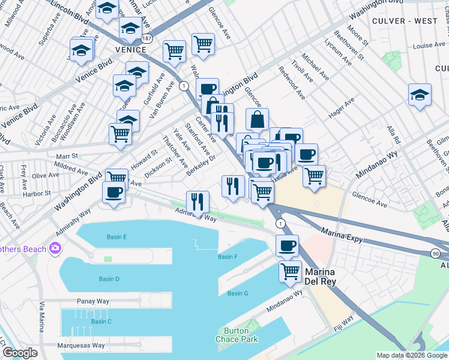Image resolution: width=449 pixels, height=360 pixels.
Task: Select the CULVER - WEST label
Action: coord(414,21)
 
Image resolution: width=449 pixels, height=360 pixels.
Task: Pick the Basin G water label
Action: coord(238,293)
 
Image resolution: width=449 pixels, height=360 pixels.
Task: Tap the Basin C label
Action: coord(101,322)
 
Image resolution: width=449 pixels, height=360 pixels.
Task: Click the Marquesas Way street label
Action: coord(81,346)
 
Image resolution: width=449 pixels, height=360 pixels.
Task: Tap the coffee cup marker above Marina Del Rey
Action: coord(287,245)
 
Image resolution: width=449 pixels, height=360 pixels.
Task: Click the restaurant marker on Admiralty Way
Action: coord(198,203)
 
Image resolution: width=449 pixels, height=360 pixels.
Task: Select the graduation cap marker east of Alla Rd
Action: coord(420,95)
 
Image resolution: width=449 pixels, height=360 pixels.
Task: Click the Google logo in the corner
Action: coord(20,352)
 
